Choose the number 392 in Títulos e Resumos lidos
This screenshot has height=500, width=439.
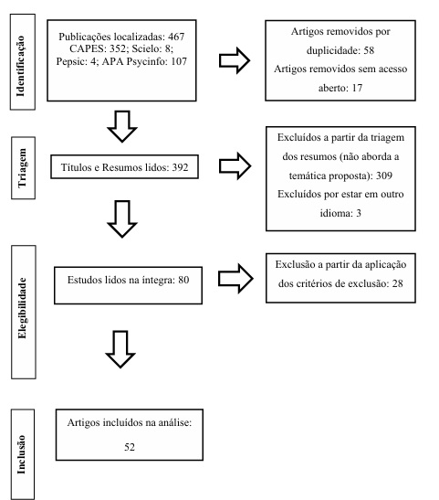point(201,166)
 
